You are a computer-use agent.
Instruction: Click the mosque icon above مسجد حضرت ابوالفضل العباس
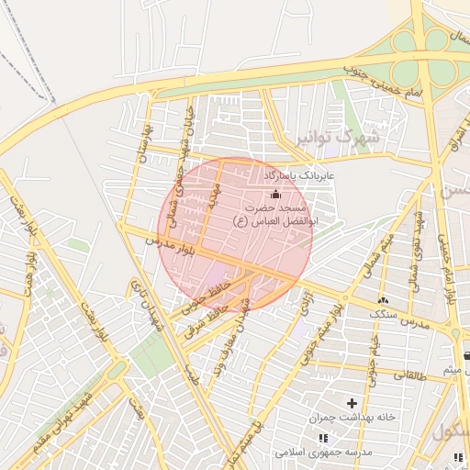(275, 194)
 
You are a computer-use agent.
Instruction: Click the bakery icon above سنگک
(383, 299)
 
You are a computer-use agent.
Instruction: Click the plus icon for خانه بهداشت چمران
(352, 402)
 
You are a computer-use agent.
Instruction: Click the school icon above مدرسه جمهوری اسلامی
(322, 438)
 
